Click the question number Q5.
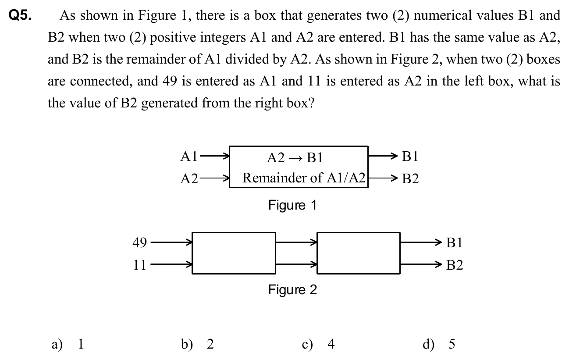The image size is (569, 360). point(21,16)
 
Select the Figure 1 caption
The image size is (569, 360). point(292,205)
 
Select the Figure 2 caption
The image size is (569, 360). point(292,290)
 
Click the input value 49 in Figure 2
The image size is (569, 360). point(140,242)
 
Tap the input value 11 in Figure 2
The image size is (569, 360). point(140,264)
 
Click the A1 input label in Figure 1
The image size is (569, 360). point(189,156)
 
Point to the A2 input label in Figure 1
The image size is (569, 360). point(189,178)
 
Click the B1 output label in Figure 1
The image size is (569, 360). point(410,157)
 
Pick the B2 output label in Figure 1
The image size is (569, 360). point(410,178)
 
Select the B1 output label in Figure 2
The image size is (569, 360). point(454,242)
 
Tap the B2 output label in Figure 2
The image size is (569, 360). point(454,265)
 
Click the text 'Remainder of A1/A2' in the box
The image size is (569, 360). point(304,178)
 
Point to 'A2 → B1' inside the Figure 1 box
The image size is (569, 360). point(295,157)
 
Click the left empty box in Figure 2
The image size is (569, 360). point(234,253)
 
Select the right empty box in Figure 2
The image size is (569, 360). point(358,253)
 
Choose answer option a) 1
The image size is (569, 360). point(68,344)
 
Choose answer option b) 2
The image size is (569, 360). point(198,344)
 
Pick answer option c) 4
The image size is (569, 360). point(318,344)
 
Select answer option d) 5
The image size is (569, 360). point(439,344)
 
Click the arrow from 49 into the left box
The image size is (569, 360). point(171,242)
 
